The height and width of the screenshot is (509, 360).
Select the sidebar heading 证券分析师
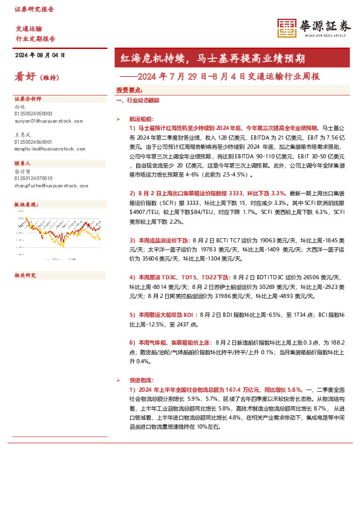(x=27, y=99)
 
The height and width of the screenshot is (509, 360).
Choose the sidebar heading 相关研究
(x=25, y=276)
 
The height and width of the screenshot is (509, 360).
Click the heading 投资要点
(x=129, y=89)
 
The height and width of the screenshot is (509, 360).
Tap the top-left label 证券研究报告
(x=34, y=10)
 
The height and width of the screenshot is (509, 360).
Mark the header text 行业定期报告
(x=35, y=37)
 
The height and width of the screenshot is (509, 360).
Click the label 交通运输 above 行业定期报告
(x=28, y=28)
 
